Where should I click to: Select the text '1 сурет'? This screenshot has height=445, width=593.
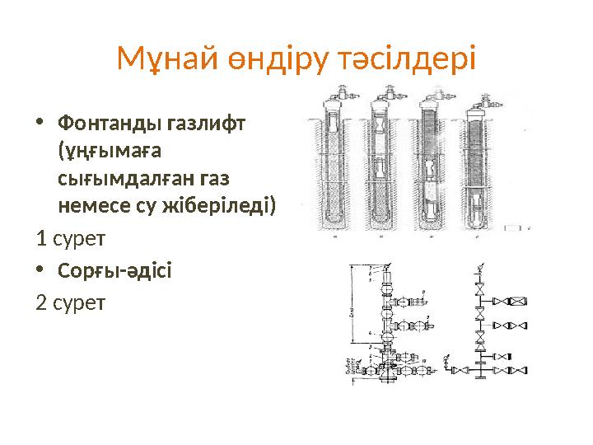(71, 239)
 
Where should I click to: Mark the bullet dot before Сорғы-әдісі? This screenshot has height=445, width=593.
(42, 270)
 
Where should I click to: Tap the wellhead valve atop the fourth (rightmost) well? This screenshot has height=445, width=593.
(477, 104)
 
